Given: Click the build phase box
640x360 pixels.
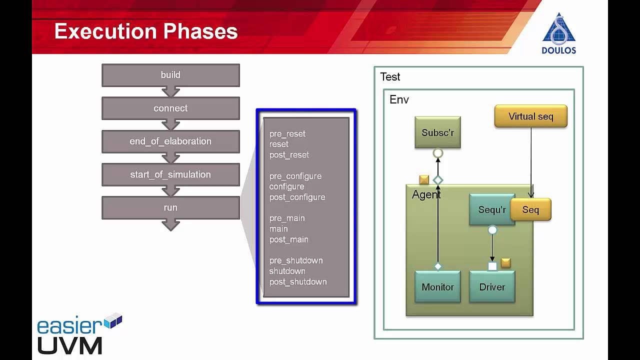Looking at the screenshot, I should [170, 75].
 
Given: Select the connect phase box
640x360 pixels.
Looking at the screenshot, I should [170, 108].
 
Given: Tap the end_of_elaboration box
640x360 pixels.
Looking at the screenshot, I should [170, 141].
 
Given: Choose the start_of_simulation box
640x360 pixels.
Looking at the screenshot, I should [170, 174].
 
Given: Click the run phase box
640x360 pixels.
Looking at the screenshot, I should [170, 207].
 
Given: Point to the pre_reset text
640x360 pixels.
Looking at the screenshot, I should [287, 134].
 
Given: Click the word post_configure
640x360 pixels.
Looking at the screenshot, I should [297, 197].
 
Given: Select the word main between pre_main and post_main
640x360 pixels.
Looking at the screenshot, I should [278, 229].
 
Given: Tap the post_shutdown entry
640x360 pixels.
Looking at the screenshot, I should [298, 282].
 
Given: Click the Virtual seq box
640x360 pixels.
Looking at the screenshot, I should [530, 116].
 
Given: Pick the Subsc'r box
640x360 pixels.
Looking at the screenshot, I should [437, 132].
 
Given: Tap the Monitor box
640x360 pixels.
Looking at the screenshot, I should [437, 287].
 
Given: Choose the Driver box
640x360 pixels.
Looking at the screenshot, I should [492, 287].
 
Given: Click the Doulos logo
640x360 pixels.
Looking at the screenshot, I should [558, 33].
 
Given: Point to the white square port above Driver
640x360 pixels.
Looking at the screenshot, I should [492, 266].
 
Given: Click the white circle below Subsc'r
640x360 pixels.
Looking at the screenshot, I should [437, 153].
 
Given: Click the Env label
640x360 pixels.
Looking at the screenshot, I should [399, 99].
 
